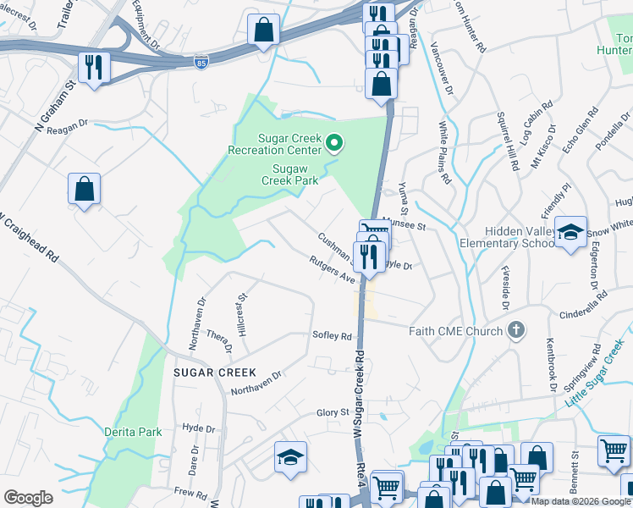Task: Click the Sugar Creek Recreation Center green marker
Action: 333,143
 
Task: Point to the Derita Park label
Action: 133,432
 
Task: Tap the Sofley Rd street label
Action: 332,336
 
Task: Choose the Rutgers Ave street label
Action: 333,270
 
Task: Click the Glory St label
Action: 333,412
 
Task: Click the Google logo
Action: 28,498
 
